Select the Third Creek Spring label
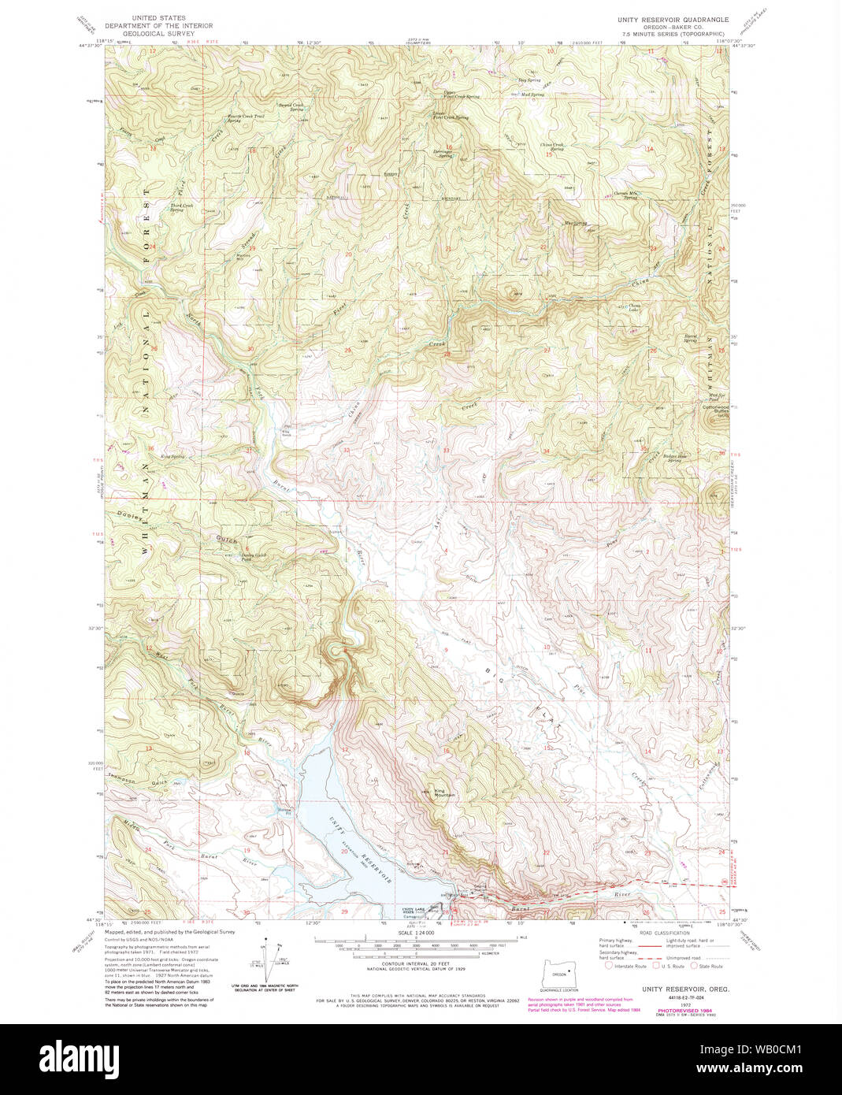click(176, 208)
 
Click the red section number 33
click(446, 451)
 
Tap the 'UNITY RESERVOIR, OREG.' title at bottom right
click(673, 988)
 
